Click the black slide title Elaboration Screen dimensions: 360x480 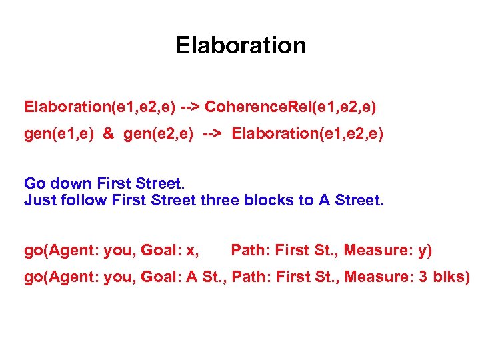[241, 45]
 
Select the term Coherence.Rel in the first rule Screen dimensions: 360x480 [243, 107]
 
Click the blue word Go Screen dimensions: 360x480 [35, 183]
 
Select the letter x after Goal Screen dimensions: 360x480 [192, 251]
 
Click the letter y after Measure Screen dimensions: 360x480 [423, 251]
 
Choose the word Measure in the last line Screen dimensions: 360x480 [381, 277]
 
